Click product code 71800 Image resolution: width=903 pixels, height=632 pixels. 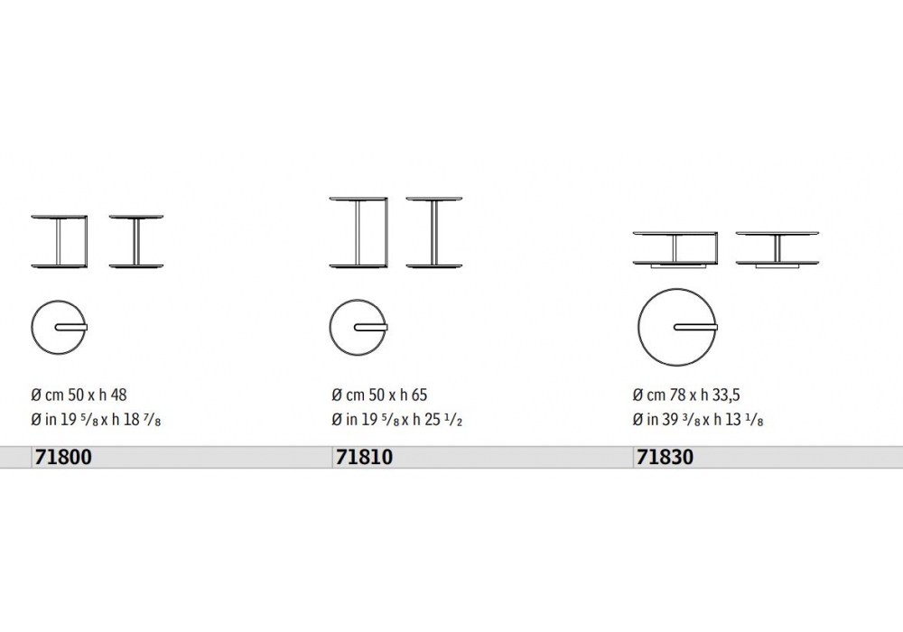63,457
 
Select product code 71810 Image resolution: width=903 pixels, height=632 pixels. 364,457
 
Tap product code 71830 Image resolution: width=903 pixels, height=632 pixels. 665,457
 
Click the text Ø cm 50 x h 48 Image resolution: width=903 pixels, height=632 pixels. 79,395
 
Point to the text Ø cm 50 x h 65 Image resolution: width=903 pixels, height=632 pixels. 379,395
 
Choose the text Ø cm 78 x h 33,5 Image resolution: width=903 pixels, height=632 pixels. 686,395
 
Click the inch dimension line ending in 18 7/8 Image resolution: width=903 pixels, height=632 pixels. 97,420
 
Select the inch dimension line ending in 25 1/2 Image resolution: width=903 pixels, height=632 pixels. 396,420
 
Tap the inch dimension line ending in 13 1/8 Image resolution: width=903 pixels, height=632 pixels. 698,420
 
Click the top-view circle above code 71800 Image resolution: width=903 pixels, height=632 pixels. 59,300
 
